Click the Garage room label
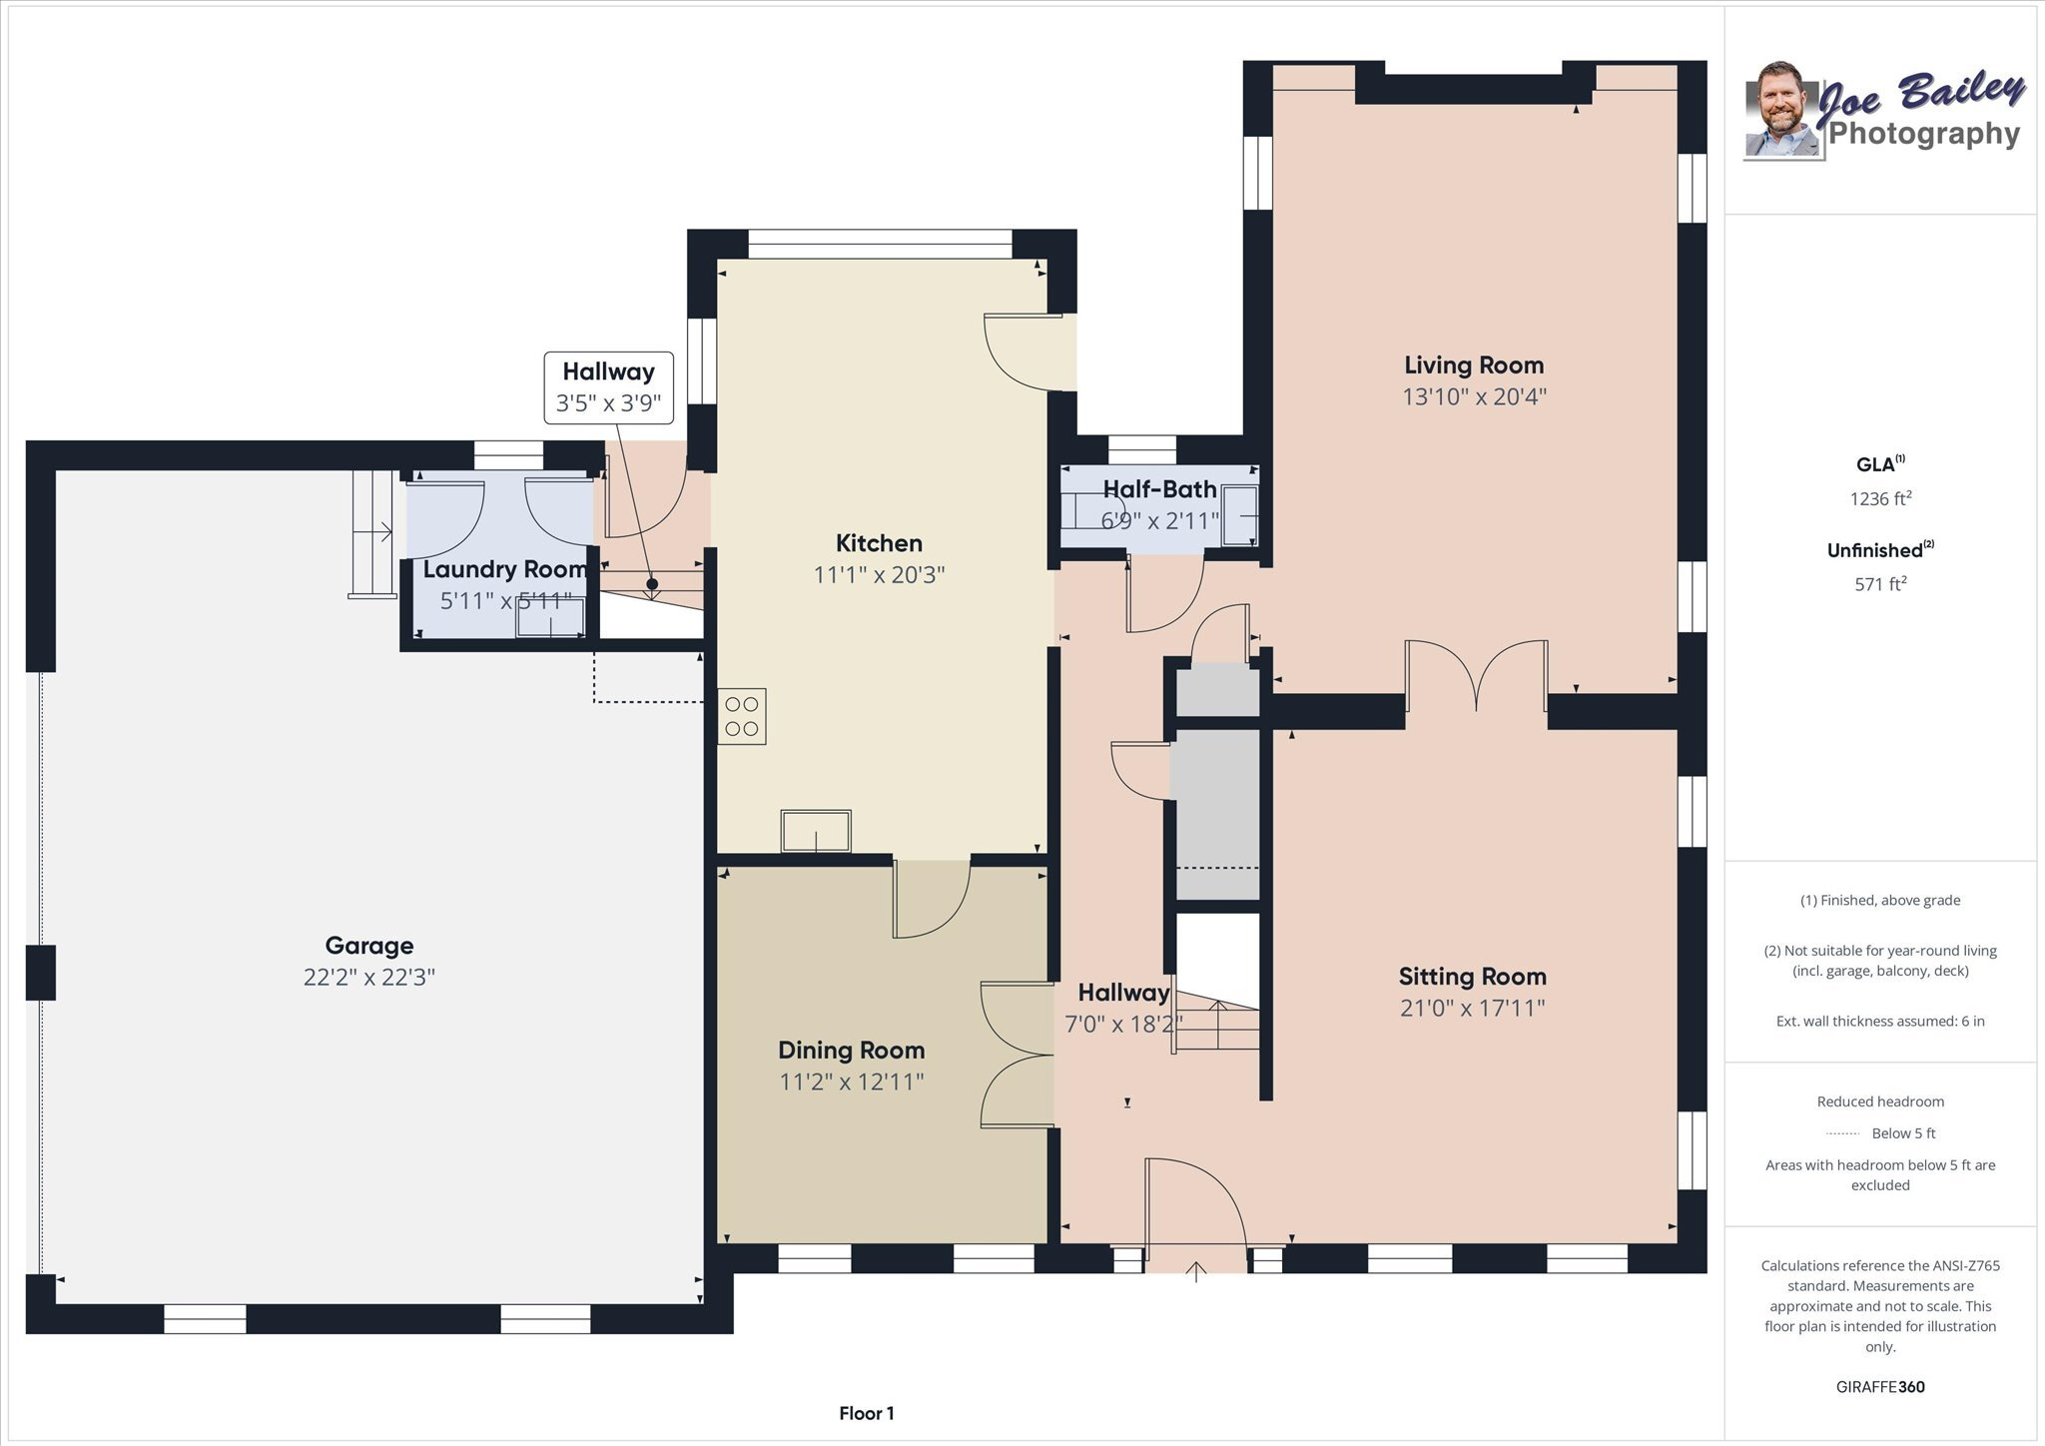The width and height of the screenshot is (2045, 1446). point(368,945)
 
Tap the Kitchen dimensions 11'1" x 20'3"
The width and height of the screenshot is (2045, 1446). point(879,575)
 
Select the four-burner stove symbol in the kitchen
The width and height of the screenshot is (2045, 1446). point(742,716)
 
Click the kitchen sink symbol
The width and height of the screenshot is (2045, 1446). point(816,831)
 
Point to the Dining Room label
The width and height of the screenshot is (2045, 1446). point(851,1050)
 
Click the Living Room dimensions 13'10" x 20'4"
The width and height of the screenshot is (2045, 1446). point(1474,396)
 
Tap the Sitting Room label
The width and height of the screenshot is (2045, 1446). point(1472,976)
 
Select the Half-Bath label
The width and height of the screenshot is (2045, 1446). point(1159,489)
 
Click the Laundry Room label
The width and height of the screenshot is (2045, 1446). point(504,569)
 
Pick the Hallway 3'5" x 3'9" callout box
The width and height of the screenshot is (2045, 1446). point(608,387)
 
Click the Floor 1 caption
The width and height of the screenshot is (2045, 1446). point(866,1413)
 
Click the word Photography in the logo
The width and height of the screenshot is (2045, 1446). point(1923,134)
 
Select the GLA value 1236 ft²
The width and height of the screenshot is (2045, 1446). point(1880,498)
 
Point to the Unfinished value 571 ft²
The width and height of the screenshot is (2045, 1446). point(1880,584)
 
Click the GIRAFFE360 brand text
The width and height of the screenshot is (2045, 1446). point(1880,1386)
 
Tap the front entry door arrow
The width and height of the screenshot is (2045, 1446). point(1195,1270)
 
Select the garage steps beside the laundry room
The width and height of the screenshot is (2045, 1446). point(371,533)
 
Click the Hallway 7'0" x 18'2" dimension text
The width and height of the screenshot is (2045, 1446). point(1123,1025)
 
